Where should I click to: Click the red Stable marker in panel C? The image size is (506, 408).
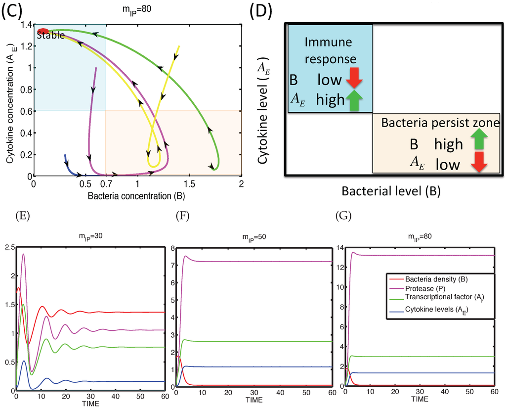click(x=44, y=31)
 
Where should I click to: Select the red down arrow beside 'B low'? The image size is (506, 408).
click(x=354, y=79)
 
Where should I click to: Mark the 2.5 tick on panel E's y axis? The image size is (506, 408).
click(x=8, y=247)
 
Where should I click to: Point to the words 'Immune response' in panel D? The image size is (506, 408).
click(x=330, y=51)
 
